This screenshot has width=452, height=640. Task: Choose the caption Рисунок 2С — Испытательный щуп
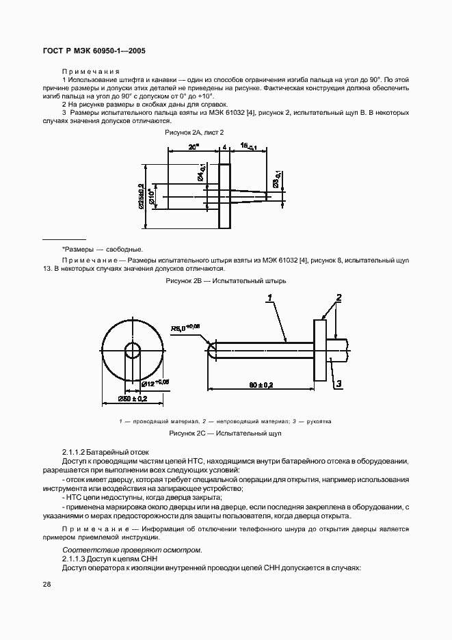pyautogui.click(x=226, y=434)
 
